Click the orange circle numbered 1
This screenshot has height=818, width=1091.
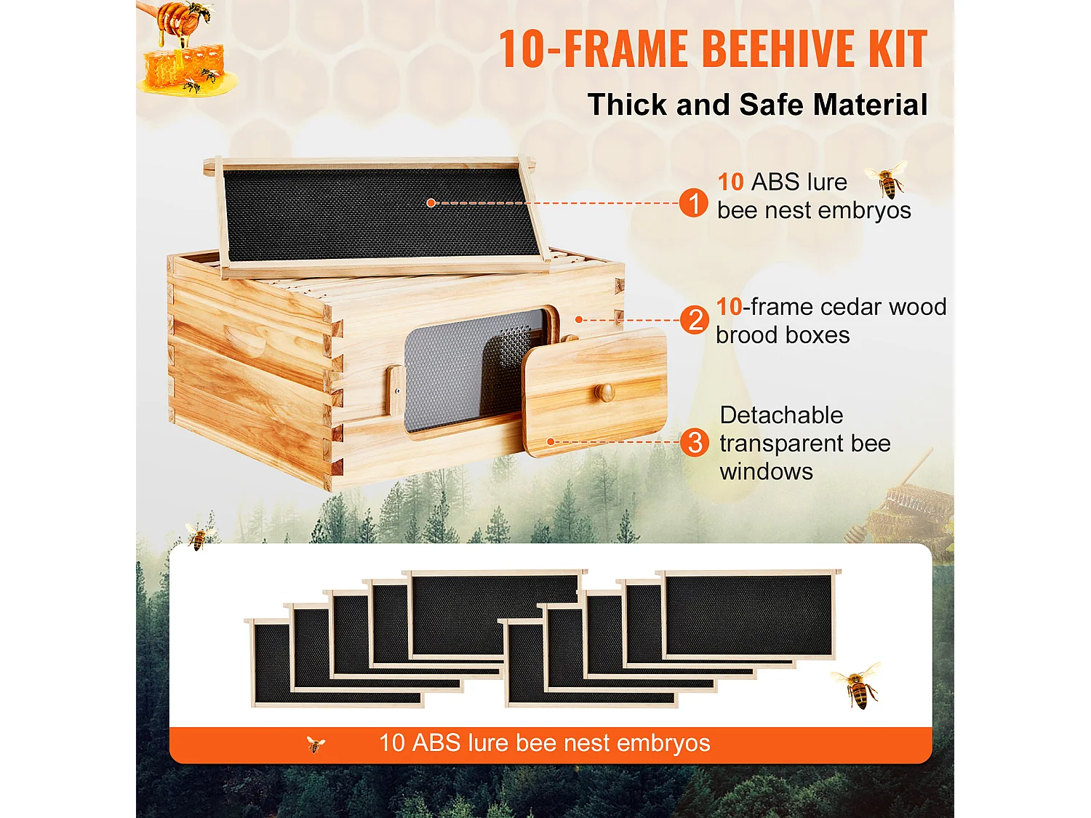pyautogui.click(x=693, y=203)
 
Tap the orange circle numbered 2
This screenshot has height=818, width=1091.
pyautogui.click(x=694, y=320)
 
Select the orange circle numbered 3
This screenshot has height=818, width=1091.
pyautogui.click(x=694, y=442)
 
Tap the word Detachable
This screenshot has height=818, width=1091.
pyautogui.click(x=781, y=415)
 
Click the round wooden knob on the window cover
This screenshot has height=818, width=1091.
pyautogui.click(x=605, y=393)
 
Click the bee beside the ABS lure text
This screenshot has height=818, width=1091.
pyautogui.click(x=887, y=180)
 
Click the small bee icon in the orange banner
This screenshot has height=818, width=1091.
pyautogui.click(x=316, y=744)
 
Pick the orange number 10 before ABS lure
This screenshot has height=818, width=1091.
pyautogui.click(x=730, y=182)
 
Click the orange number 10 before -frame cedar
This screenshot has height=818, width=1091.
pyautogui.click(x=729, y=307)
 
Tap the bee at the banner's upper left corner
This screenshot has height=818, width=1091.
pyautogui.click(x=198, y=536)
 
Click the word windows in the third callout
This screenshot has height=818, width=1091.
pyautogui.click(x=766, y=472)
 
